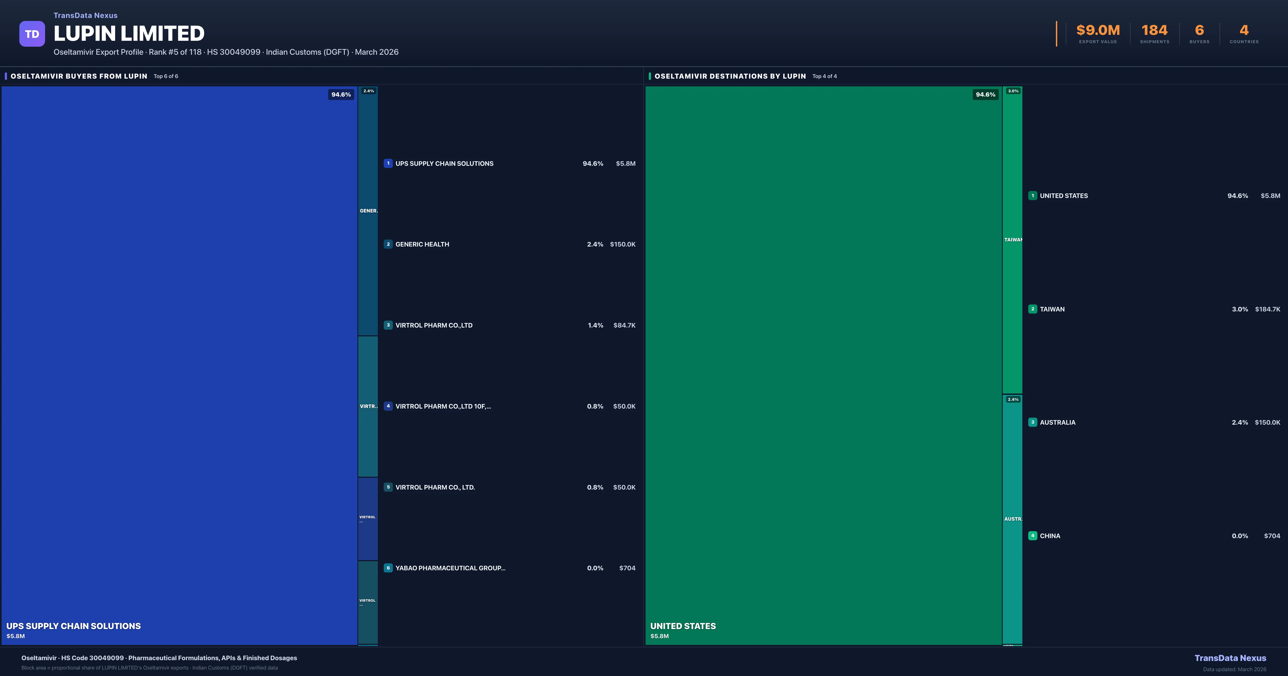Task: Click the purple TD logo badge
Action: [32, 34]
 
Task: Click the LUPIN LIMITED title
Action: [129, 34]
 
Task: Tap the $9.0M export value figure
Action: [1098, 31]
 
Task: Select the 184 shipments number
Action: [1154, 31]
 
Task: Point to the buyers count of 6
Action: [1199, 31]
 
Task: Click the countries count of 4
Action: [1244, 31]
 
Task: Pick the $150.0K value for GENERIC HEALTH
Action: [623, 244]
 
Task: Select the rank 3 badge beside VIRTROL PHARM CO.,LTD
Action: [388, 325]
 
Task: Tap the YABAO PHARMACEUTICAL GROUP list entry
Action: [450, 568]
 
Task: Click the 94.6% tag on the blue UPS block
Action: [341, 94]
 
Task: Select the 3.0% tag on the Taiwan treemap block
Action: [1013, 91]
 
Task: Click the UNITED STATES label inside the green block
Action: [683, 626]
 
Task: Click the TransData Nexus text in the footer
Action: [1230, 658]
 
